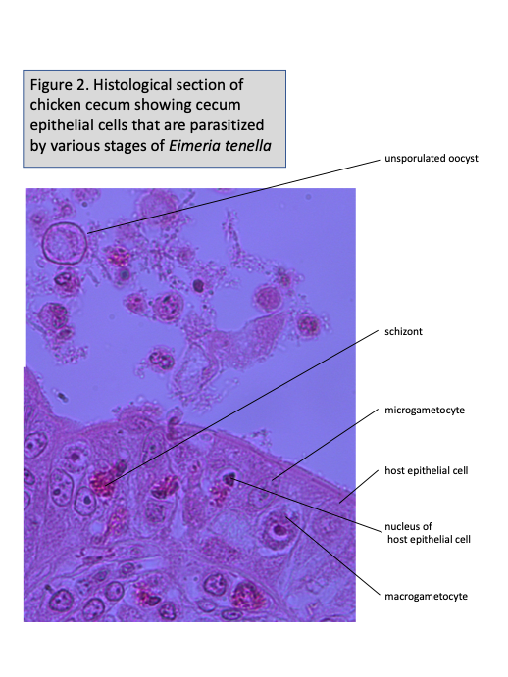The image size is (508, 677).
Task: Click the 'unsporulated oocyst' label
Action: (432, 159)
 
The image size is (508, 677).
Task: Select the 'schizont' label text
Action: (403, 331)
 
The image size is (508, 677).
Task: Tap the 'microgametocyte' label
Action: (425, 411)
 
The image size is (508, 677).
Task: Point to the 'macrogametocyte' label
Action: (426, 597)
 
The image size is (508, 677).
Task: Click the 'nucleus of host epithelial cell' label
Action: (428, 533)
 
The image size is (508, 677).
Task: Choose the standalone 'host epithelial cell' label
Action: (427, 470)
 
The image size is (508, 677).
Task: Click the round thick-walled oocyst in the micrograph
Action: (66, 243)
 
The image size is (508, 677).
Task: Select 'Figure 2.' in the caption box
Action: (59, 85)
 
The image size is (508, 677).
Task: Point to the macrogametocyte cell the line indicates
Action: (277, 530)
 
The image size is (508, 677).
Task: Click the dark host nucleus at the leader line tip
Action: (229, 478)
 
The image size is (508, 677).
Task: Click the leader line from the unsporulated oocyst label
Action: (233, 197)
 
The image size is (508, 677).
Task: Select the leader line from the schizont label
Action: (241, 409)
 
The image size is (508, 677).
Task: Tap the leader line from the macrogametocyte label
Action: (332, 556)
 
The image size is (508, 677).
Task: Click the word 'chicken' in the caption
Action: (55, 105)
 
